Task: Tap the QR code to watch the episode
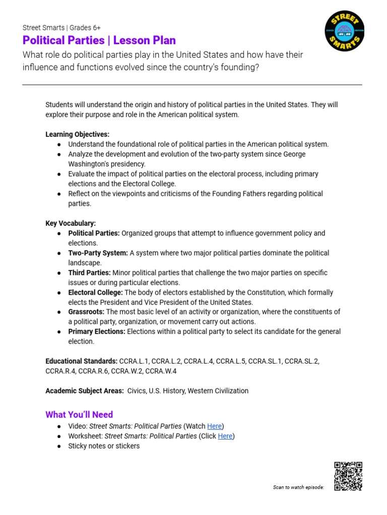coord(348,476)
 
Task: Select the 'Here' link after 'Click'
coord(225,436)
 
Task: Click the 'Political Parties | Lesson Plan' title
coord(99,40)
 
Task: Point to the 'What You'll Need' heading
coord(79,414)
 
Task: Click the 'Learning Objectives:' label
coord(77,134)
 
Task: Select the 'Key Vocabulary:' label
coord(71,223)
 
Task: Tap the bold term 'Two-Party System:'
coord(98,253)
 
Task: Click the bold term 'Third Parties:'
coord(89,273)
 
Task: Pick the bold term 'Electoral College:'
coord(95,292)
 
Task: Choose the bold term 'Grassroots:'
coord(86,312)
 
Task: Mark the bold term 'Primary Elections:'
coord(97,331)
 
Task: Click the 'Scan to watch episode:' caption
coord(298,487)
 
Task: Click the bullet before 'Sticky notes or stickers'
coord(59,446)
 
